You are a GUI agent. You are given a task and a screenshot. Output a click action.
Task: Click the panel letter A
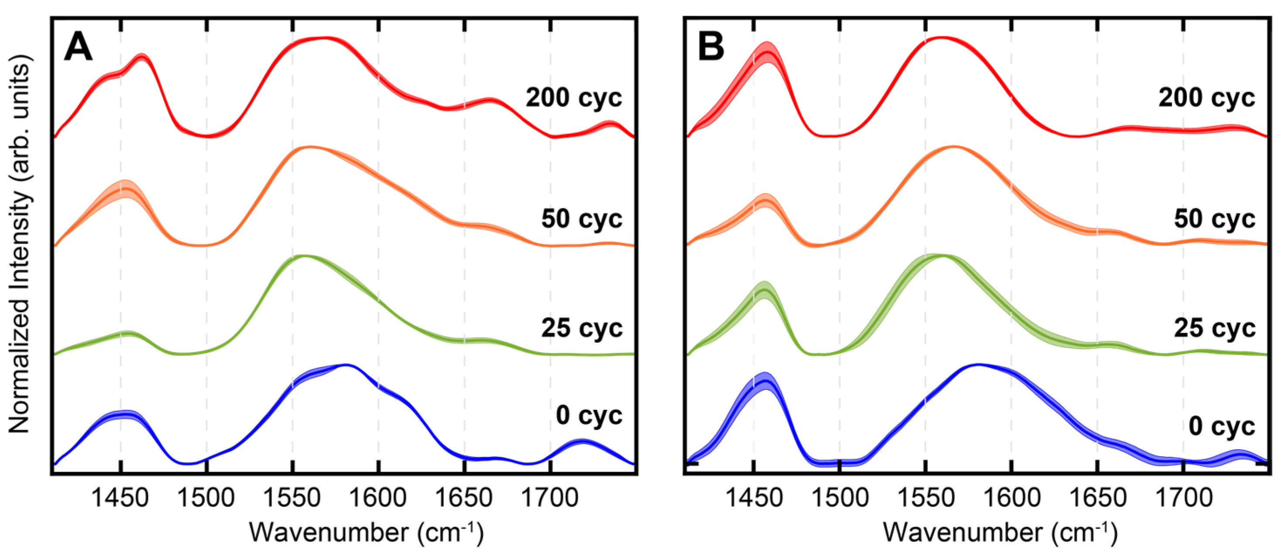click(78, 48)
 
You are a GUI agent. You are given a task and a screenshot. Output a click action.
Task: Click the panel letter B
click(711, 48)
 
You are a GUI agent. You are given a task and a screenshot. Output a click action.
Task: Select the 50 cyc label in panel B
click(1214, 219)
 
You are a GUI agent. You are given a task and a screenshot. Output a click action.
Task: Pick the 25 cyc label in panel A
click(582, 328)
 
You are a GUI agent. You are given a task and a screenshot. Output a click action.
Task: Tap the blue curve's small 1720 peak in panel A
click(582, 441)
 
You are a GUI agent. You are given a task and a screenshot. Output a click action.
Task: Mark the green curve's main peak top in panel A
click(304, 256)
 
